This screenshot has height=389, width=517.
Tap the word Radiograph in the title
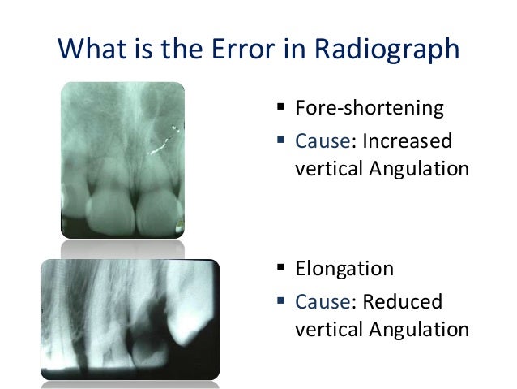(391, 51)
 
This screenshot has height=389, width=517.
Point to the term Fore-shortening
(370, 109)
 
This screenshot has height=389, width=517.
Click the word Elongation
(345, 269)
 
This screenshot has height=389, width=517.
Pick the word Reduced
(402, 302)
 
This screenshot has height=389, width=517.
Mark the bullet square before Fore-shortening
(280, 108)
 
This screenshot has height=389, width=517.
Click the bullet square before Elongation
(280, 269)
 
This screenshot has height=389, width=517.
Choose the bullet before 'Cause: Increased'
(280, 140)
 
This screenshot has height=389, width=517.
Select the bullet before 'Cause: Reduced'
(280, 301)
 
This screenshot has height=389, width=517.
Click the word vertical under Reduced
(323, 330)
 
